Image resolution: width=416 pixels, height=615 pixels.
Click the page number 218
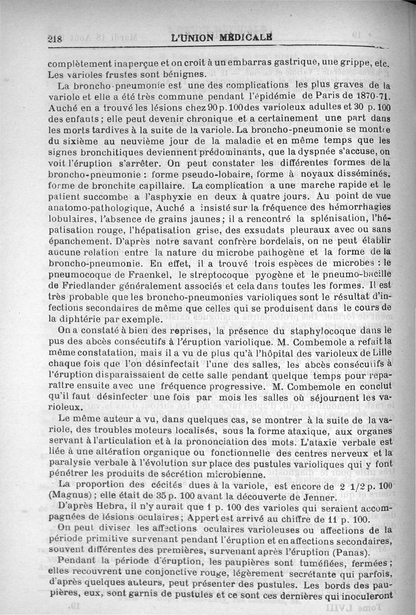54,39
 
